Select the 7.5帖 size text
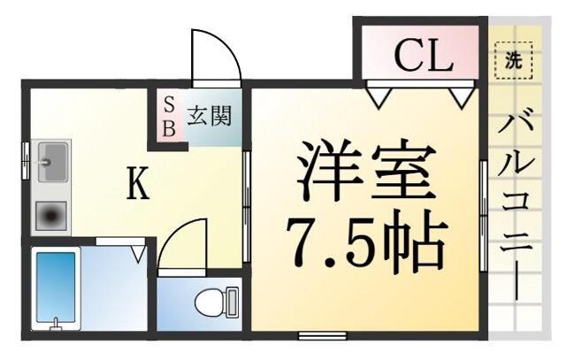pyautogui.click(x=364, y=240)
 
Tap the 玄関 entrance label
pyautogui.click(x=209, y=115)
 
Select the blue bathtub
pyautogui.click(x=56, y=288)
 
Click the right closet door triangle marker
pyautogui.click(x=459, y=96)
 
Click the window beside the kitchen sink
pyautogui.click(x=26, y=163)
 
